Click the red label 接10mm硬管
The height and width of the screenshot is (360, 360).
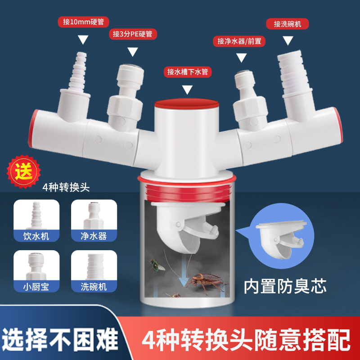[x=84, y=22]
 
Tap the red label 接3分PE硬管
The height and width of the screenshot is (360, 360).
[x=132, y=34]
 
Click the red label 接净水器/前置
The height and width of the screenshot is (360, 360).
[x=239, y=41]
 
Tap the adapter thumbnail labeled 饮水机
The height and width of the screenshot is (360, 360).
[x=36, y=220]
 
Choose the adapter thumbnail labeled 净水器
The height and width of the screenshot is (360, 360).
[x=94, y=220]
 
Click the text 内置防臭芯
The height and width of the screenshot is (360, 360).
[x=285, y=286]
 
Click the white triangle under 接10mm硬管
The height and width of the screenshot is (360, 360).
[x=83, y=40]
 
